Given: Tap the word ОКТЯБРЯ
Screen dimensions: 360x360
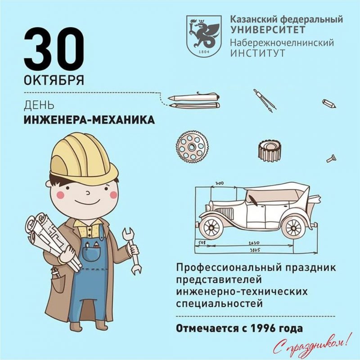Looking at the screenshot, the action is pos(54,80).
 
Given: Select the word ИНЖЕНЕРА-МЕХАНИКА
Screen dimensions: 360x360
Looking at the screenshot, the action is pos(89,120).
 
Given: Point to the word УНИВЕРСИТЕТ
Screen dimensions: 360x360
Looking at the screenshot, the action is pos(268,30).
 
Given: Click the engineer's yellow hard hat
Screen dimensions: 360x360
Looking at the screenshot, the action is pos(84,158).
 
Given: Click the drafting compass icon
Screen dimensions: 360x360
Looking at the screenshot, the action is pos(265,100).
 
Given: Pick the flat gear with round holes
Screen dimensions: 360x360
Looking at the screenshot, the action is pos(193,147).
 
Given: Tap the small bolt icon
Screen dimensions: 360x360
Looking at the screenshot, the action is pos(332,158).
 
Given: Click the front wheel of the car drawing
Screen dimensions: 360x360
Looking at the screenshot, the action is pos(211,227).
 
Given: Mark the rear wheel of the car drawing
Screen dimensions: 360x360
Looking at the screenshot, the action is pos(294,228).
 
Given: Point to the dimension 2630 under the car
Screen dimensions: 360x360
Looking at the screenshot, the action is pos(254,243).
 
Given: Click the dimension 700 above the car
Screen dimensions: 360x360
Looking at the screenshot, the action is pos(220,183).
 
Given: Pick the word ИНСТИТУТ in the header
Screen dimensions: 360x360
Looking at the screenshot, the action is pos(258,53).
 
